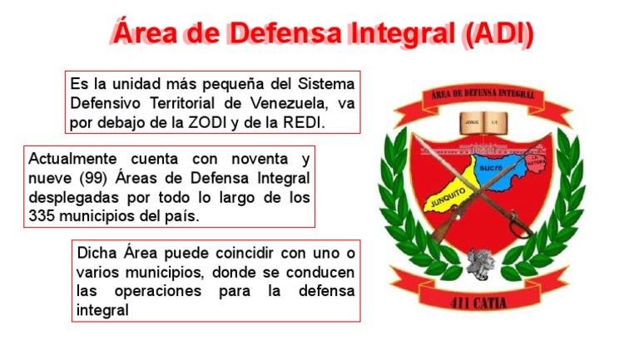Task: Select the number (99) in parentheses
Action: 81,177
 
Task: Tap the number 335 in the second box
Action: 43,215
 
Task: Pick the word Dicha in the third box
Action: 96,253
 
